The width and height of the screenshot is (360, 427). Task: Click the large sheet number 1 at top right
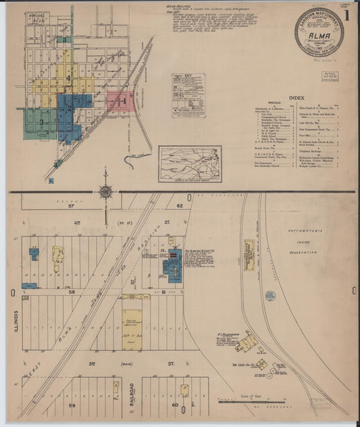click(347, 14)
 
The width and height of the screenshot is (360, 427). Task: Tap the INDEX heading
click(296, 98)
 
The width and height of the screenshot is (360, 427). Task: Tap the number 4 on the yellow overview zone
click(68, 79)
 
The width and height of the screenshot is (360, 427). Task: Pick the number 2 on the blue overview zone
click(69, 107)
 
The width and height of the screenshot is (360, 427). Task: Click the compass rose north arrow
click(106, 193)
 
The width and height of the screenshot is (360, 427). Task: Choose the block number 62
click(180, 205)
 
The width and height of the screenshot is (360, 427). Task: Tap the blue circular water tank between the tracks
click(271, 295)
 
